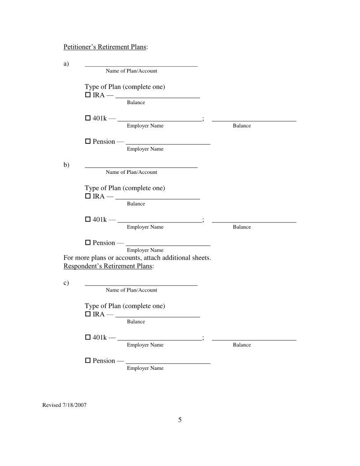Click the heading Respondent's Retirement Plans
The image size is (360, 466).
[108, 266]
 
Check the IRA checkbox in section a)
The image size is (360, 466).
[87, 95]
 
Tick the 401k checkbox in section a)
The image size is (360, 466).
[87, 118]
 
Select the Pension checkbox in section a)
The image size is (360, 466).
[87, 142]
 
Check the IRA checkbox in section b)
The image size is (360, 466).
[87, 196]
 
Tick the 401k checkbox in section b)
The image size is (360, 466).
[87, 219]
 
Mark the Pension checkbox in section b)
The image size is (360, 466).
[87, 243]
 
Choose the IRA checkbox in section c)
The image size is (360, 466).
[87, 314]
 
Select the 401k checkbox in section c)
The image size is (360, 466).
[87, 338]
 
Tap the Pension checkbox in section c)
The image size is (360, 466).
[87, 361]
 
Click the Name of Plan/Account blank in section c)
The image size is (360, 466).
[141, 282]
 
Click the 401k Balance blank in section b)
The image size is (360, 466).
[254, 219]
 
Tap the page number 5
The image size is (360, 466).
[180, 420]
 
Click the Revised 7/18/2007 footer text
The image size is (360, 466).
[64, 405]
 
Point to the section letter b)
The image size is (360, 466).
[66, 165]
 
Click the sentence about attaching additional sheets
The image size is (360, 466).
[137, 258]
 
